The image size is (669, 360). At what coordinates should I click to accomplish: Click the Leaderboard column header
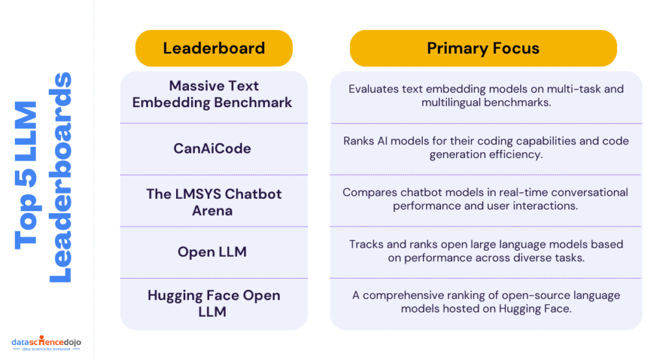[214, 48]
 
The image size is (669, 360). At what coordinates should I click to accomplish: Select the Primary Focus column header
[483, 48]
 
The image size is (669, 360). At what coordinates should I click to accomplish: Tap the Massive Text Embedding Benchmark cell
[214, 94]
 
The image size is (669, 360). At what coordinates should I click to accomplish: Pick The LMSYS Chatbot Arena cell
[214, 202]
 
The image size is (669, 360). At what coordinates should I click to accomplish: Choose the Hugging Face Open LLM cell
[214, 303]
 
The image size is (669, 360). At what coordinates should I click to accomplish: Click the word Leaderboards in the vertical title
[60, 177]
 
